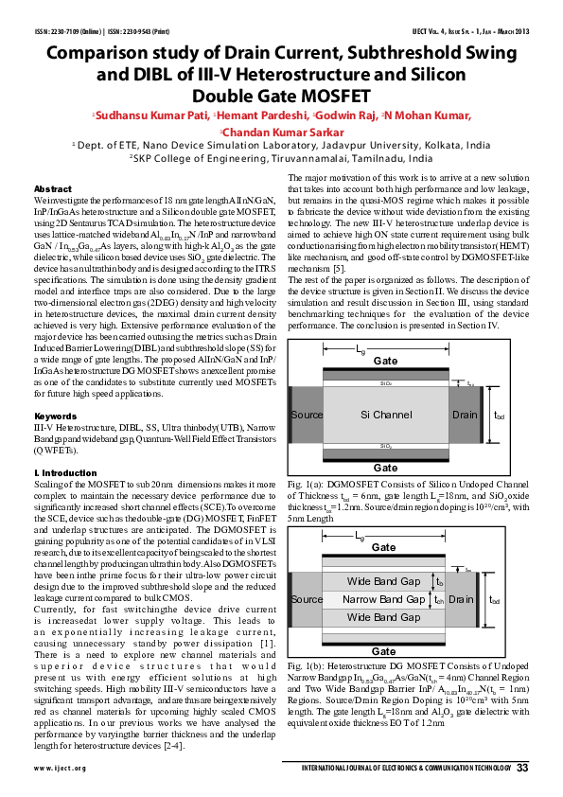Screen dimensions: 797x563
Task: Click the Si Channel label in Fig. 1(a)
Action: [x=386, y=416]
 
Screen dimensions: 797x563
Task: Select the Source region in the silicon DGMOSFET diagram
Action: [x=307, y=416]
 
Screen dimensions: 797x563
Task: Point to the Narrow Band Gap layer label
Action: [x=384, y=599]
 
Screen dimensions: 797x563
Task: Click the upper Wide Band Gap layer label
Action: [x=384, y=581]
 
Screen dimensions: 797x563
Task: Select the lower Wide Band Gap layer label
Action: [x=384, y=617]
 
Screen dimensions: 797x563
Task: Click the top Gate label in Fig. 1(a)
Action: [x=385, y=362]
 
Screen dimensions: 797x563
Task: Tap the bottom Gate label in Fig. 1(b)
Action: [x=384, y=651]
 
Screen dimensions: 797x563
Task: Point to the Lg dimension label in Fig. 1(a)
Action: [x=361, y=350]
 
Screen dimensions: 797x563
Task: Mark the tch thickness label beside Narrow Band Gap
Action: [x=438, y=600]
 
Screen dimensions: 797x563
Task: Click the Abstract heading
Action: [x=52, y=189]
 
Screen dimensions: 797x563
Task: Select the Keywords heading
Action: [x=55, y=416]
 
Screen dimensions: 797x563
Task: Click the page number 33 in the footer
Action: [x=521, y=767]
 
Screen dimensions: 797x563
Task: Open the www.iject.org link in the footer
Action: [x=55, y=768]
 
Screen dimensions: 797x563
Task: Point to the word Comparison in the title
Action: [x=105, y=54]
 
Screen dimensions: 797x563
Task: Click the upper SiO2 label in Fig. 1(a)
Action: [x=385, y=384]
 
